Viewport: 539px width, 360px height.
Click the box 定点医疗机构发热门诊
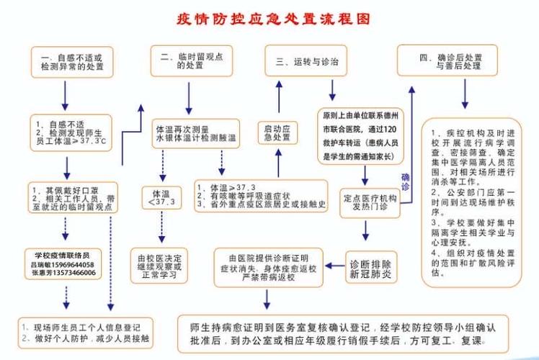369,202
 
